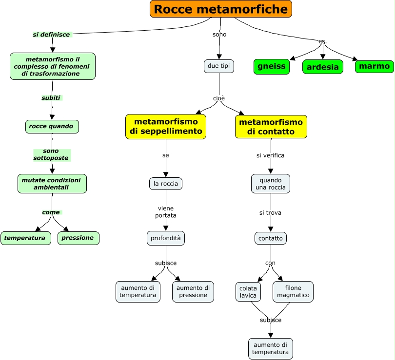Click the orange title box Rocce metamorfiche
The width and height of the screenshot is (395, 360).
click(220, 9)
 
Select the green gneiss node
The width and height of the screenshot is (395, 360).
click(271, 67)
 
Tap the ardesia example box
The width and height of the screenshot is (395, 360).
click(322, 67)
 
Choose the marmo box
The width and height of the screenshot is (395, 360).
click(374, 66)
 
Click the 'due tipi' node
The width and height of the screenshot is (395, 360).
click(219, 66)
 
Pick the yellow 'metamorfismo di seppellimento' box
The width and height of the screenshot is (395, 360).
click(166, 127)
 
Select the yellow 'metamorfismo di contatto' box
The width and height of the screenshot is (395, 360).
click(271, 127)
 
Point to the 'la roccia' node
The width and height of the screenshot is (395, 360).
click(166, 184)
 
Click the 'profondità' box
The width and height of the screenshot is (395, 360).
click(166, 238)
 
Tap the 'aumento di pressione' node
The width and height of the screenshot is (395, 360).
click(193, 291)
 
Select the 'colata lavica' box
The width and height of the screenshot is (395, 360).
click(248, 291)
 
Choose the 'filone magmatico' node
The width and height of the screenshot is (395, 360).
click(293, 291)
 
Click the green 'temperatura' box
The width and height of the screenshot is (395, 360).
click(25, 238)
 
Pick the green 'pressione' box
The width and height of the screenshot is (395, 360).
click(78, 238)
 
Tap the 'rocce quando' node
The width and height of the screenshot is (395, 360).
click(52, 127)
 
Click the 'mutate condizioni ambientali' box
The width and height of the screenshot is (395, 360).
click(52, 184)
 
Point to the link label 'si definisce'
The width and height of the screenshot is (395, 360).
click(52, 35)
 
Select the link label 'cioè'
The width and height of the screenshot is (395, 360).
click(219, 98)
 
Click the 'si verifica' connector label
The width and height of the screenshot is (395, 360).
click(271, 156)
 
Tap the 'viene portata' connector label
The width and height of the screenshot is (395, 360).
click(166, 211)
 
